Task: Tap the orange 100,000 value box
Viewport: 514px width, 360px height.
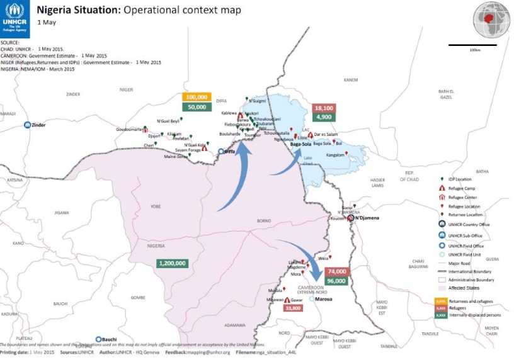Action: pyautogui.click(x=197, y=98)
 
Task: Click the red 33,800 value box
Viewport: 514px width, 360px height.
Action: pyautogui.click(x=293, y=308)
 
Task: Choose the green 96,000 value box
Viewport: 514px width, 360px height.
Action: pyautogui.click(x=336, y=281)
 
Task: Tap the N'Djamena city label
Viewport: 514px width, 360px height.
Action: pyautogui.click(x=369, y=219)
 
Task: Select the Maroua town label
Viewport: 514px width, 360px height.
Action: pyautogui.click(x=324, y=300)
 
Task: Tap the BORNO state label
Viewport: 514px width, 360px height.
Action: pyautogui.click(x=263, y=220)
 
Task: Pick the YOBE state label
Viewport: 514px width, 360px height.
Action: pyautogui.click(x=155, y=205)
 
